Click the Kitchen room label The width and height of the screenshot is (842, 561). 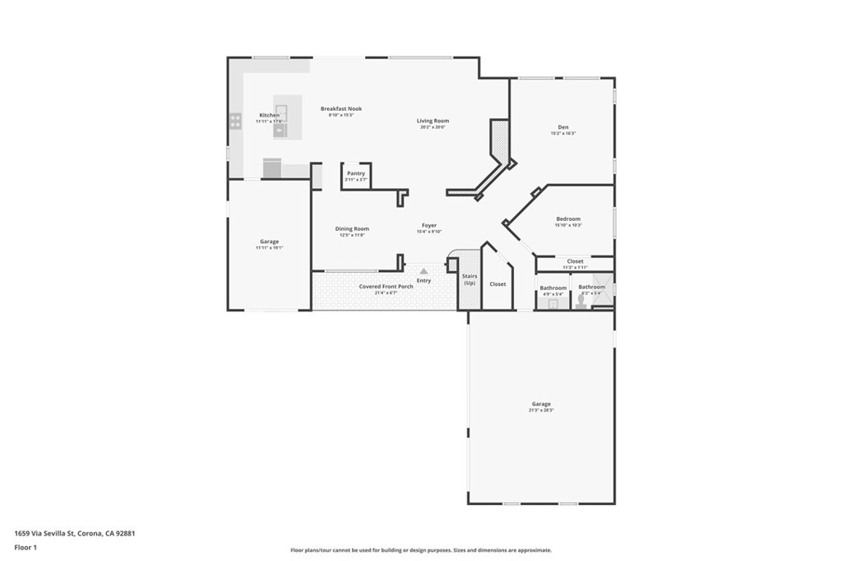269,115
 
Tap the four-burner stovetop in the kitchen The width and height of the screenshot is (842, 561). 235,121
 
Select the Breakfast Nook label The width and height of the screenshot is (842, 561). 341,108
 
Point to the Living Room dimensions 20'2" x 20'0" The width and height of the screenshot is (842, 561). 433,127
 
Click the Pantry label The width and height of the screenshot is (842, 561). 356,173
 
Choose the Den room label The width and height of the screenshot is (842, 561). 563,126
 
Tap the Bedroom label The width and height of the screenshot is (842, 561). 568,218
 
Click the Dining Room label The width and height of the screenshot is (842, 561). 352,228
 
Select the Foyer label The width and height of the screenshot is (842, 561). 429,225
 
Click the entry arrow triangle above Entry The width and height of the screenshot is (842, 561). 423,269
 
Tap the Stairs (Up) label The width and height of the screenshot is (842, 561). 470,279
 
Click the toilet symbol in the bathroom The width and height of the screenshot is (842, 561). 581,301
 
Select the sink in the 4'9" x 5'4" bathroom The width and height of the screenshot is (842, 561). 553,302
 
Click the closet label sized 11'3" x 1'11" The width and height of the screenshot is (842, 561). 575,261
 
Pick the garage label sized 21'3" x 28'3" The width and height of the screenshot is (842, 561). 541,404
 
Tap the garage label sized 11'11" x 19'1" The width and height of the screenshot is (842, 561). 269,241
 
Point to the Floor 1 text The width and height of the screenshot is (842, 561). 25,546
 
